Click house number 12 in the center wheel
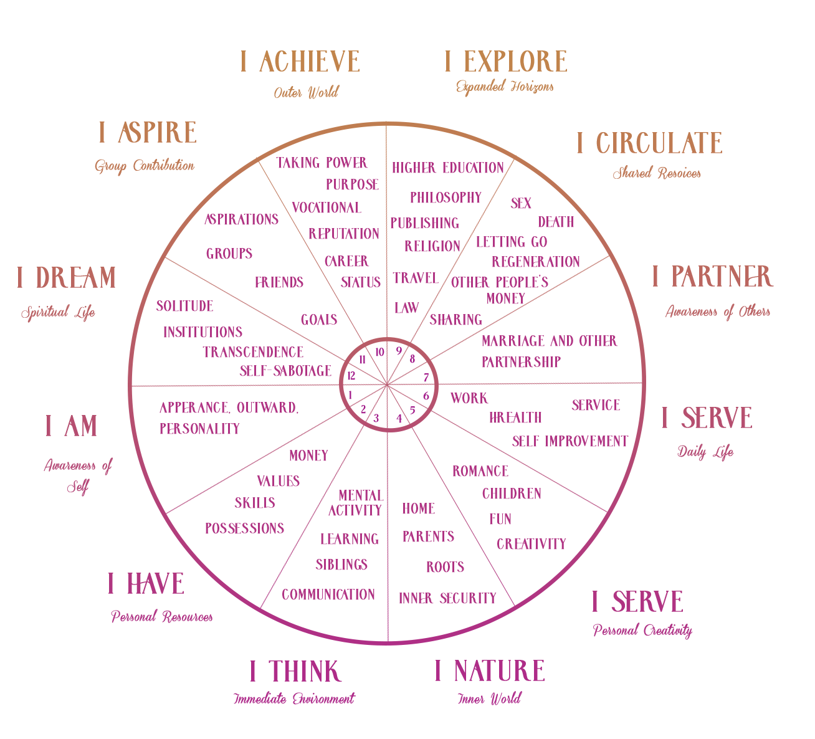click(351, 376)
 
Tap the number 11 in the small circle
click(362, 360)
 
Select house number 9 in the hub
click(399, 351)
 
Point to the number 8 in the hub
click(412, 359)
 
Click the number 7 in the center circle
click(426, 378)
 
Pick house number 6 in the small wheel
click(426, 396)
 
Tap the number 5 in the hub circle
click(412, 410)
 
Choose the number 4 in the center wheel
click(399, 419)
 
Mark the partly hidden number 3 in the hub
click(376, 418)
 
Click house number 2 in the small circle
click(363, 409)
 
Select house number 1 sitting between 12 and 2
click(350, 395)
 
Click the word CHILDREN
click(512, 494)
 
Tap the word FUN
click(500, 519)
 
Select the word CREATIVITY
click(531, 544)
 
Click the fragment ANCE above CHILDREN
click(492, 471)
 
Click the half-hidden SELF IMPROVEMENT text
click(568, 442)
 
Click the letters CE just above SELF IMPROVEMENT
click(612, 405)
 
